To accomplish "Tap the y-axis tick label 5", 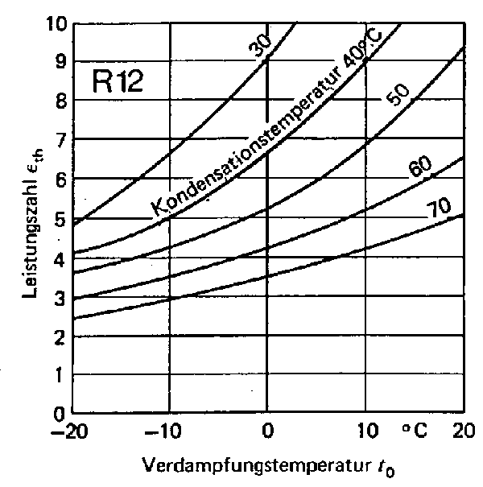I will (58, 219).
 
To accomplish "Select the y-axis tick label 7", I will (58, 140).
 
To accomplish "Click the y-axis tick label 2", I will (58, 336).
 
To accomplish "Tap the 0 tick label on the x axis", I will (266, 433).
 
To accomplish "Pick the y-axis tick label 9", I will (58, 61).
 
